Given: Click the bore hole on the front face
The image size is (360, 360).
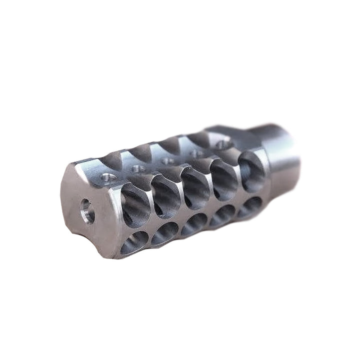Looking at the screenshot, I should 87,211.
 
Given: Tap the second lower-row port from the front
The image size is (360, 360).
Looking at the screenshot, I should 164,232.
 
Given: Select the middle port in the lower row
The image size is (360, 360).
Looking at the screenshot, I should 193,223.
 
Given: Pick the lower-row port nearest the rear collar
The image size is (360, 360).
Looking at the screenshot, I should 248,206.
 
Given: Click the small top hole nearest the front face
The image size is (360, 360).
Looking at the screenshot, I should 107,176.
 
